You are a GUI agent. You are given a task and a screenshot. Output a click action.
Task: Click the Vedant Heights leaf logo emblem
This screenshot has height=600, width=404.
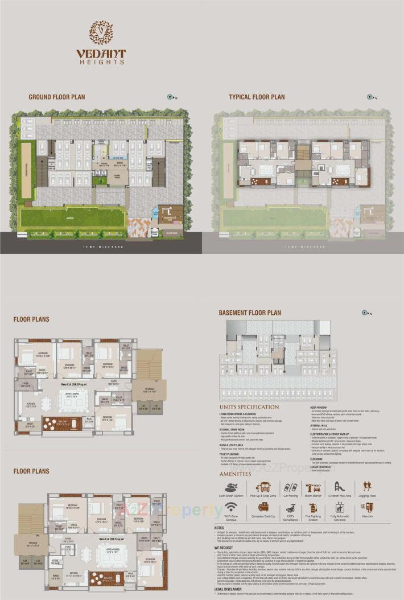[x=101, y=32]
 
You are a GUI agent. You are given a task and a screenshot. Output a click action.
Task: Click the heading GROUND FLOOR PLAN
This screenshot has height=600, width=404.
[x=57, y=97]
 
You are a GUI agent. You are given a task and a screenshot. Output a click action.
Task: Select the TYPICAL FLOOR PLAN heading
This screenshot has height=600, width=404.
[x=257, y=97]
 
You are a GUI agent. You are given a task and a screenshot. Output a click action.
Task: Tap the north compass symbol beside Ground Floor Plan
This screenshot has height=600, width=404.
[x=170, y=97]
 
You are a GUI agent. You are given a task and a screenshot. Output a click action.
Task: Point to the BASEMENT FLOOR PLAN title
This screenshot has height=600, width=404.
[x=250, y=313]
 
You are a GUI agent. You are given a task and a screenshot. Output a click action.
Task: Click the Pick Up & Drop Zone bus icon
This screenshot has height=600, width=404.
[x=263, y=488]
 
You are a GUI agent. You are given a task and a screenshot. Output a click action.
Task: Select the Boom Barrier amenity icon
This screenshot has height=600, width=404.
[x=314, y=488]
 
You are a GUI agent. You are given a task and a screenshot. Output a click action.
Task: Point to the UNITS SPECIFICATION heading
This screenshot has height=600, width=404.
[x=249, y=407]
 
